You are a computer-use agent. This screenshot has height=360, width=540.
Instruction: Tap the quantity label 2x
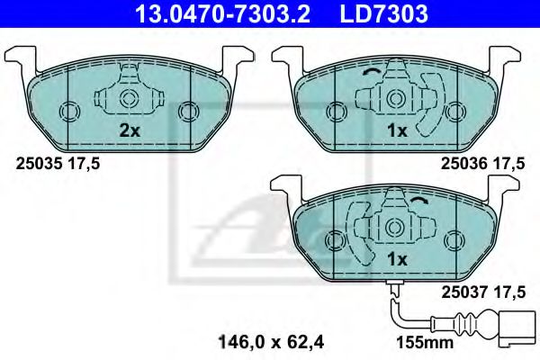click(x=130, y=130)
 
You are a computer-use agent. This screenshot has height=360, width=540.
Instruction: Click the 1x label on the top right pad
click(x=397, y=130)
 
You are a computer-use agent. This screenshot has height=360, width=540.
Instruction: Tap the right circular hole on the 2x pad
click(x=188, y=112)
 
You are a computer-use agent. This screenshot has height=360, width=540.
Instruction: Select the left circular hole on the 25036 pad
click(x=336, y=112)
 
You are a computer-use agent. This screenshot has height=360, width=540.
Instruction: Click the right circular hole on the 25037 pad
click(x=454, y=239)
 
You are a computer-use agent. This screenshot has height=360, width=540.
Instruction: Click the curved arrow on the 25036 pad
click(x=368, y=74)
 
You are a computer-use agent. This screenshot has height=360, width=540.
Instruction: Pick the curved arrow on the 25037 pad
click(x=424, y=202)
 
